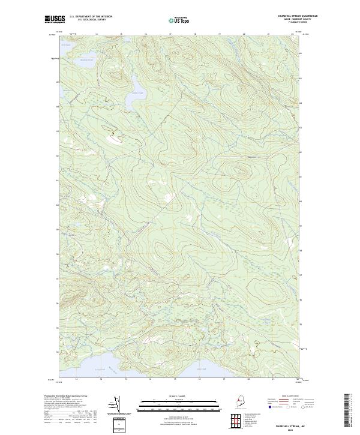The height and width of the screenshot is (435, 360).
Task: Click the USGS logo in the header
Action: [55, 19]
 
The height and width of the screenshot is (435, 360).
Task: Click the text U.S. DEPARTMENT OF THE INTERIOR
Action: [91, 17]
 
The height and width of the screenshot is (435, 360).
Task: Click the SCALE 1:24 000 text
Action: [179, 394]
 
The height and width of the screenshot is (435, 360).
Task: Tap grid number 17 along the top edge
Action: [170, 35]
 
